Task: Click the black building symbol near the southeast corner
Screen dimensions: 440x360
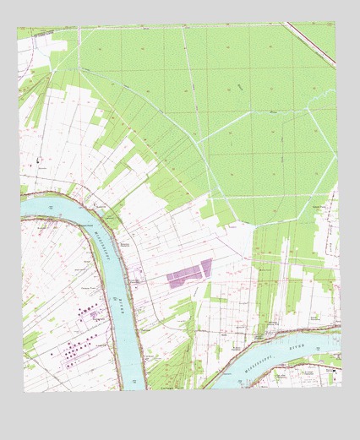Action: coord(333,370)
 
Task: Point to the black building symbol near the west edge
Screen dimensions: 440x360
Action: coord(37,160)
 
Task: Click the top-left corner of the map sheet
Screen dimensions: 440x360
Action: coord(17,28)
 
